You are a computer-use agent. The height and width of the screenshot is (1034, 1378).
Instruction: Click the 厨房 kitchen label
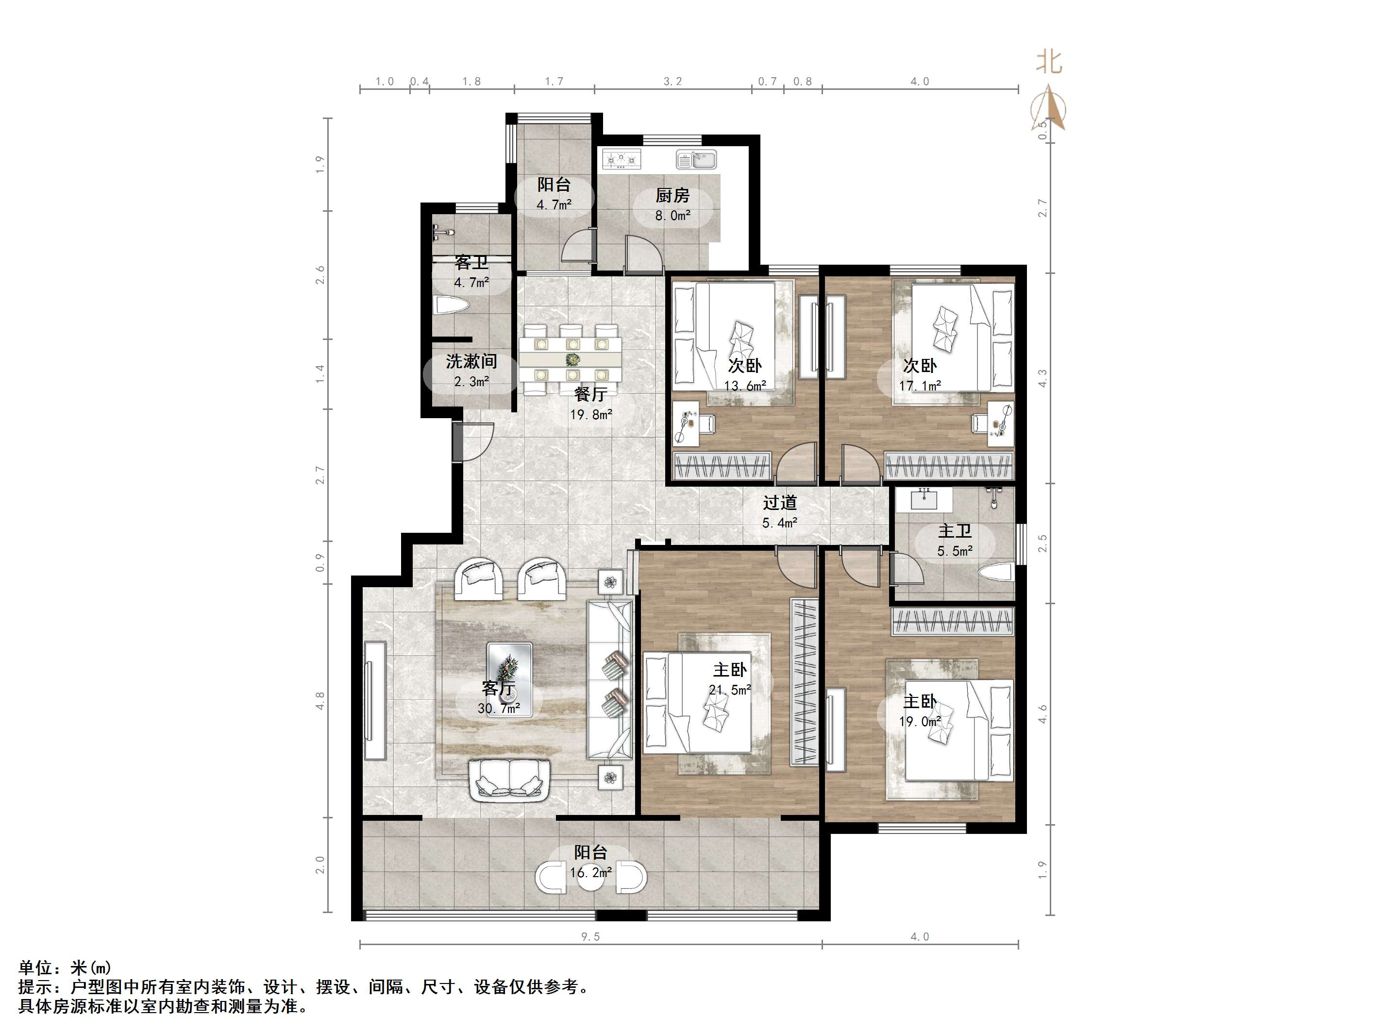672,196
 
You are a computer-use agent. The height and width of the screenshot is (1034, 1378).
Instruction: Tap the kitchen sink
696,160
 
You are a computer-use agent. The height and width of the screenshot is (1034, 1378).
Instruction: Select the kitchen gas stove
621,160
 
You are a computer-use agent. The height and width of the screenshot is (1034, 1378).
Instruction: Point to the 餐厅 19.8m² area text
590,414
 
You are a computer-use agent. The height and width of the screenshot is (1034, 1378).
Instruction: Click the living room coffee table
509,679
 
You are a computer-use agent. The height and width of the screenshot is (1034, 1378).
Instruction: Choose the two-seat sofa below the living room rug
509,780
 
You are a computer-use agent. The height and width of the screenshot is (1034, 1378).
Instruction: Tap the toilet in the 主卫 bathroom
997,572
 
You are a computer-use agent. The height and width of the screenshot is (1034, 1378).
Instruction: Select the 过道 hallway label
780,502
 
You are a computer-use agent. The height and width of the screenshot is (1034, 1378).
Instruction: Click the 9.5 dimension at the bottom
590,937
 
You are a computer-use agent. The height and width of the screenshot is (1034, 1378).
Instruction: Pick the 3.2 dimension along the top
673,82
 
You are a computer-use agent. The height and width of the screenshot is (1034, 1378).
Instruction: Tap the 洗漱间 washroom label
471,361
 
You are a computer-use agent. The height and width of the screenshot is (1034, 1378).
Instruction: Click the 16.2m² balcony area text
590,873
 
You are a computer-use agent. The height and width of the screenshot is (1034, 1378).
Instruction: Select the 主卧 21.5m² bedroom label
729,679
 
